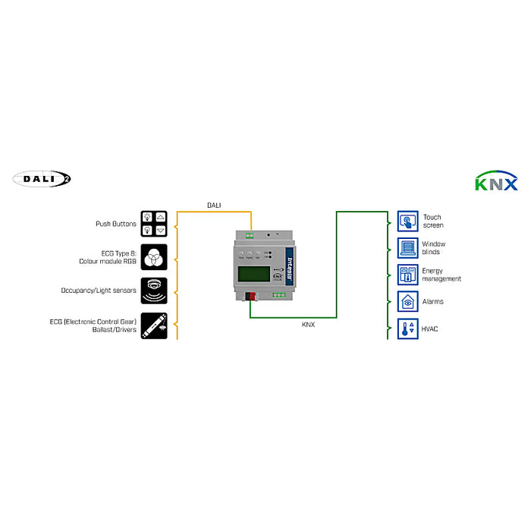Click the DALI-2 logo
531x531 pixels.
(42, 178)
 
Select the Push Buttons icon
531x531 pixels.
(154, 224)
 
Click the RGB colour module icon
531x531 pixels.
(154, 257)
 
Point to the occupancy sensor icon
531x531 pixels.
(154, 291)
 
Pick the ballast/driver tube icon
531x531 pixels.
(154, 325)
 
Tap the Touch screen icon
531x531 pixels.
(408, 222)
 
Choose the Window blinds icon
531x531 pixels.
(408, 248)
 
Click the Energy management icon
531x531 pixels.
(408, 275)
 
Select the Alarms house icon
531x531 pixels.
(408, 301)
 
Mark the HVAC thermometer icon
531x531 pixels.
(408, 328)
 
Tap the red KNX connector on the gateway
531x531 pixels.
(250, 296)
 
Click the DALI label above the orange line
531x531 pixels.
(215, 205)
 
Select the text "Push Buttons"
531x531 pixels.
(115, 224)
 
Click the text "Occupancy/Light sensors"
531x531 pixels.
(99, 291)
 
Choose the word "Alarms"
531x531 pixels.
(433, 302)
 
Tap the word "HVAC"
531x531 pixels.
(431, 328)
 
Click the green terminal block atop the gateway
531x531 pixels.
(250, 235)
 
